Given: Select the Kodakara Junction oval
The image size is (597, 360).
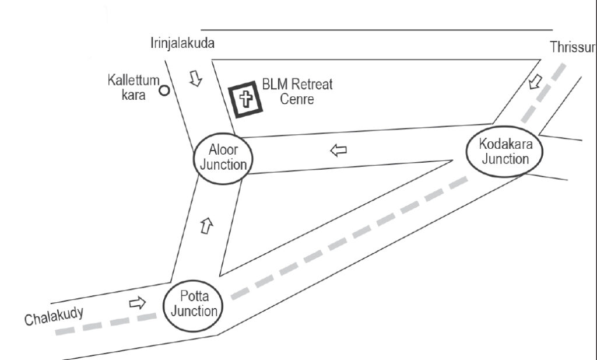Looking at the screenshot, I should point(505,151).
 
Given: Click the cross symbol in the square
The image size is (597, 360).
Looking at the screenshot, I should point(246,99).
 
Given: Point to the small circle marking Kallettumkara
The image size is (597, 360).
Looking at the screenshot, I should point(164,90).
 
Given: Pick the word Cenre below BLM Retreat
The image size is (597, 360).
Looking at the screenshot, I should point(297,99).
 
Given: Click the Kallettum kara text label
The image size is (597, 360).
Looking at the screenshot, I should point(133,88).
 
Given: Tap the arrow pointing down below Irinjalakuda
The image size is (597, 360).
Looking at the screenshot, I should point(196,78).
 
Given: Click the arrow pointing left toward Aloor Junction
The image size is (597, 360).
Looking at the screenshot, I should point(338,151).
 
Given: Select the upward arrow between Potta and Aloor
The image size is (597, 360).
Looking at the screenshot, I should point(205,225).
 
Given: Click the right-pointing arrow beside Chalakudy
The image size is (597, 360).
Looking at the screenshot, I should point(136,303).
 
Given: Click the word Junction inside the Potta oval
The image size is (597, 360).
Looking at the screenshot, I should point(194,312).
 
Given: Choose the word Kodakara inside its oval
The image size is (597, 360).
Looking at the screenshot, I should point(505,144).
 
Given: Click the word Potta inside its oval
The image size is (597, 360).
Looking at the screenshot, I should point(194,298).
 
